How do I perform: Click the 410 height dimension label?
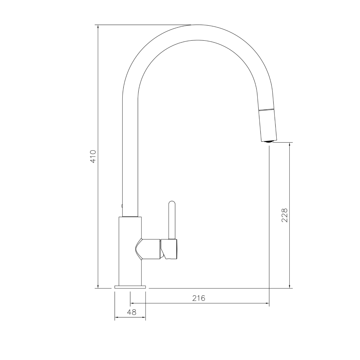click(93, 156)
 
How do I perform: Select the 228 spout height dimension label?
click(284, 215)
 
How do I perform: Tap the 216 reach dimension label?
click(199, 298)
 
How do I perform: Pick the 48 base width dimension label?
click(132, 312)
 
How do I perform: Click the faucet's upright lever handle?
click(172, 220)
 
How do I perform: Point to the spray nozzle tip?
click(268, 142)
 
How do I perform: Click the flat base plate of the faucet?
click(130, 287)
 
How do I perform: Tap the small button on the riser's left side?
click(122, 206)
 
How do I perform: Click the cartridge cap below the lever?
click(171, 249)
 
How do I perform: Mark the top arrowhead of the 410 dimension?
click(98, 27)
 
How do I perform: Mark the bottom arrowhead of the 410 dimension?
click(98, 286)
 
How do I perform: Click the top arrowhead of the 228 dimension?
click(289, 144)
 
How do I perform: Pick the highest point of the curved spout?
click(198, 25)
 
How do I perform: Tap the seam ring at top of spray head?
click(267, 110)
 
